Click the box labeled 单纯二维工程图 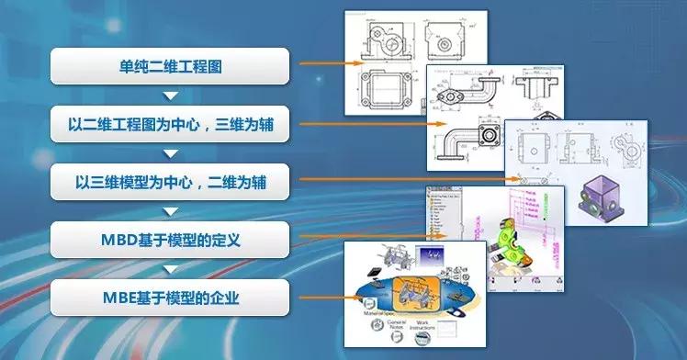[169, 65]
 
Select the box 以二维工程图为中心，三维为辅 [169, 124]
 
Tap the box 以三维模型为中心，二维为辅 [169, 182]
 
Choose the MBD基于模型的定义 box [169, 240]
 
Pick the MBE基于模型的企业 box [169, 298]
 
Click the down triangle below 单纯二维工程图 [169, 95]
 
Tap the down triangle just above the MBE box [169, 269]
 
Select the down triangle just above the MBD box [169, 211]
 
